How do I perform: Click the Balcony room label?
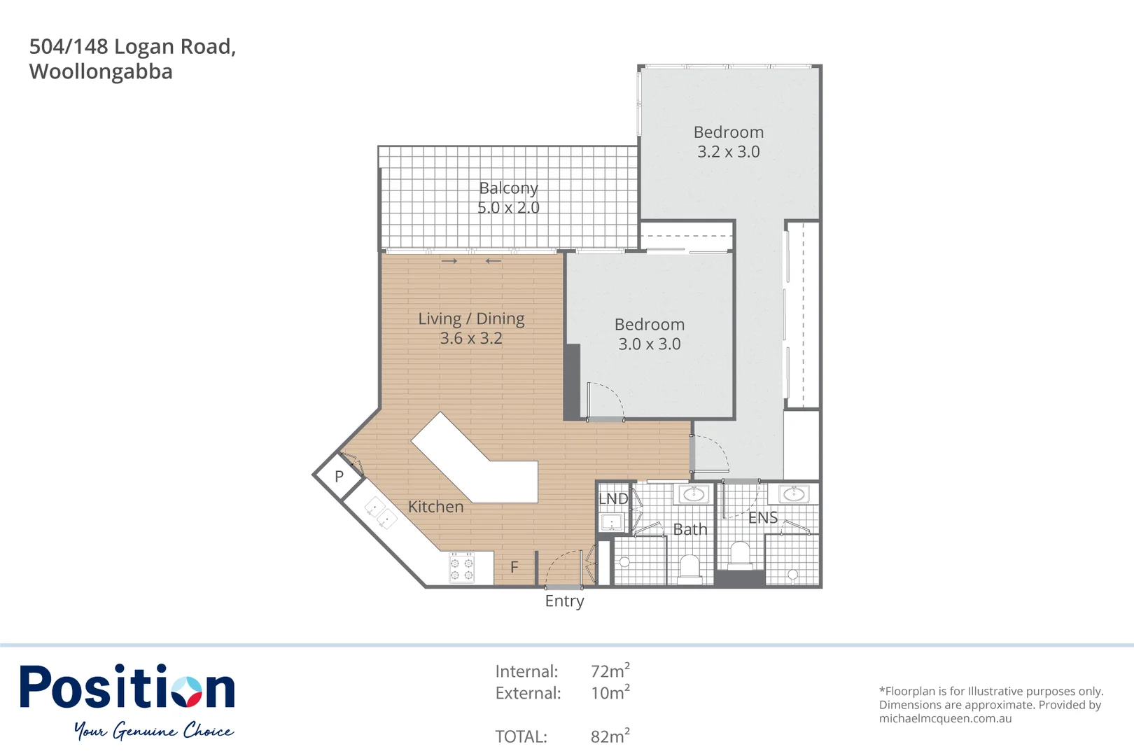click(x=508, y=188)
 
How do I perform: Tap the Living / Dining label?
click(x=471, y=319)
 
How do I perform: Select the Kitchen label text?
click(x=435, y=507)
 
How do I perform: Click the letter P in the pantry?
click(x=339, y=477)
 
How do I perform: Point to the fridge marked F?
click(x=514, y=567)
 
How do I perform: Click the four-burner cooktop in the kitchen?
click(x=461, y=568)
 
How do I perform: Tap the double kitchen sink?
click(x=380, y=512)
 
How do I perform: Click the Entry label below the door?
click(x=564, y=601)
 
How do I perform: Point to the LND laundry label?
click(x=613, y=499)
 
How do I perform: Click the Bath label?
click(x=690, y=530)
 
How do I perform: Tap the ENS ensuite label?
click(x=763, y=518)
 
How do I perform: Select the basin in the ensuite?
click(x=794, y=494)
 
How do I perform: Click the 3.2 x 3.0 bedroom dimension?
click(x=729, y=152)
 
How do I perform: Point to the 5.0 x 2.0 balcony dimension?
click(x=508, y=208)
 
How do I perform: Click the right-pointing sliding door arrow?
click(x=449, y=261)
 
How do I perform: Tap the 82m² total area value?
click(x=610, y=736)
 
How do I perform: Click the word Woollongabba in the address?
click(x=101, y=72)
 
